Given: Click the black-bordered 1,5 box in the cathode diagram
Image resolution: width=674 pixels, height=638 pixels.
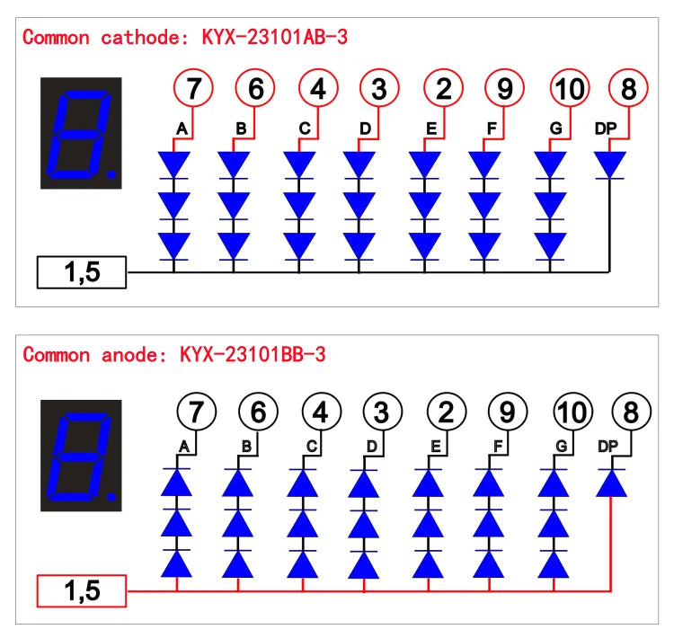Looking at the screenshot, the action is [82, 272].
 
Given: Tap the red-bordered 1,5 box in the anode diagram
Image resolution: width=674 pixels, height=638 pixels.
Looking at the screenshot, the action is [82, 590].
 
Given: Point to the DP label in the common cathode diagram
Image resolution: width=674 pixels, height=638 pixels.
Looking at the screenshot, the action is [606, 128].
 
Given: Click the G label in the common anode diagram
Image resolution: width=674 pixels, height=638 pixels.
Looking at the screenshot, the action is [562, 447].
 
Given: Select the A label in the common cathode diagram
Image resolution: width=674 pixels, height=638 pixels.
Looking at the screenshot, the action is [182, 128].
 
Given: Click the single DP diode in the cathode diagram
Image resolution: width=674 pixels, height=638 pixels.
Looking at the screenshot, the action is [609, 165].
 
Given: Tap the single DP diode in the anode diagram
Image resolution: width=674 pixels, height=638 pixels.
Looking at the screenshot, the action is [611, 483].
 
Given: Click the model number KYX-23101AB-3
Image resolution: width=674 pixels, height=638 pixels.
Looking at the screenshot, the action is [275, 37].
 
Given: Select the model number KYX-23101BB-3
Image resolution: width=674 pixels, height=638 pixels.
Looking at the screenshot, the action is [253, 354].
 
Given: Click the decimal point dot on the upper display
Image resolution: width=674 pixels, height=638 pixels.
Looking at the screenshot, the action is [111, 174].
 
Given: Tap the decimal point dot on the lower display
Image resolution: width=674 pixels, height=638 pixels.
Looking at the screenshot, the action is [111, 497].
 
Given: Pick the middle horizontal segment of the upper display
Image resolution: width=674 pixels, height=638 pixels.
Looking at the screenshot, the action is [79, 134].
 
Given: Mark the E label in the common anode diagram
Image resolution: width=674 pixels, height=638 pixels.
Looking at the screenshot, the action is [436, 447].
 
